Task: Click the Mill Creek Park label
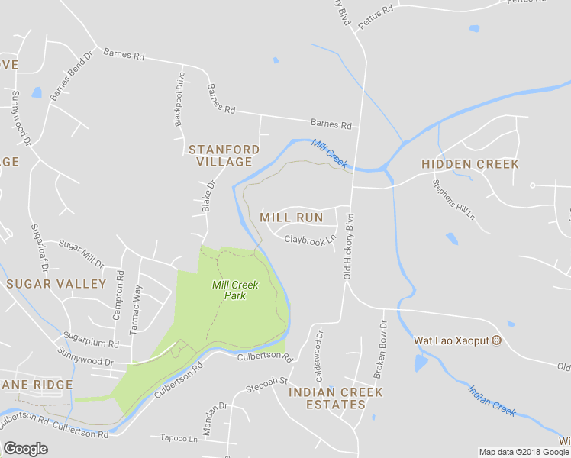[235, 290]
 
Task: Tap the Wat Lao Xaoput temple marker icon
[497, 340]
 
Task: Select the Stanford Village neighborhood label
[224, 156]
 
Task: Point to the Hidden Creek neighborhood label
[469, 164]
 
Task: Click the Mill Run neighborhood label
[292, 218]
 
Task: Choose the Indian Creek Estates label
[336, 398]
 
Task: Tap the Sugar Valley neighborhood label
[56, 284]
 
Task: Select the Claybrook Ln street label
[310, 239]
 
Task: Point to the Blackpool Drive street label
[180, 99]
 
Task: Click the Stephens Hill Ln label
[453, 200]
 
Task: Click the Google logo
[25, 449]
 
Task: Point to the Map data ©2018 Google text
[524, 452]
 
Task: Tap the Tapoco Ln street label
[179, 438]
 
